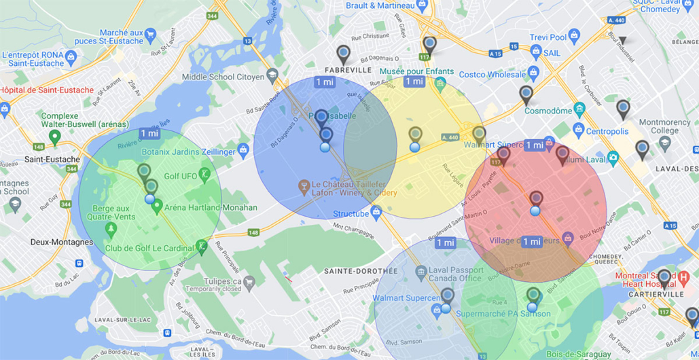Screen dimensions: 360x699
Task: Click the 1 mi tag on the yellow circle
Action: tap(414, 82)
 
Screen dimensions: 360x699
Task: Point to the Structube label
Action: tap(351, 214)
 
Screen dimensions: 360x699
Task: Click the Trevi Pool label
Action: tap(548, 37)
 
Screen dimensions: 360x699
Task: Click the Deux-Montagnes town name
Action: tap(62, 242)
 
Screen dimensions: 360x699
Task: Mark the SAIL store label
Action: tap(552, 51)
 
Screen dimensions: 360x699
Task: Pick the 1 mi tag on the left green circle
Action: tap(149, 133)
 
